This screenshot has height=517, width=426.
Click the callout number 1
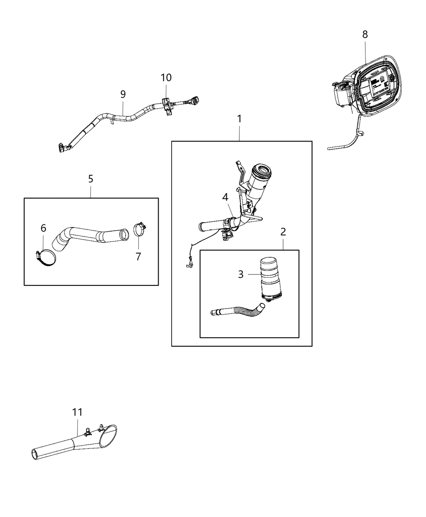click(x=239, y=119)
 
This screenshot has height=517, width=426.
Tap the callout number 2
click(x=283, y=232)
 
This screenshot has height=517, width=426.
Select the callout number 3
click(x=241, y=275)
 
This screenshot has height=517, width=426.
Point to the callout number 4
click(x=225, y=197)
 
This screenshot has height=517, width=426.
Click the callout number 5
click(x=90, y=178)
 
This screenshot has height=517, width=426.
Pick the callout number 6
click(x=43, y=228)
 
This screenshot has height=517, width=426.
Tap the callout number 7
click(x=138, y=256)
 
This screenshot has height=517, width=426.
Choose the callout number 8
click(x=365, y=34)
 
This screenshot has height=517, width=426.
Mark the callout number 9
click(x=123, y=94)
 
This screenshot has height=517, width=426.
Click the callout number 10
click(x=166, y=77)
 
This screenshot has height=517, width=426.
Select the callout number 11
click(x=77, y=412)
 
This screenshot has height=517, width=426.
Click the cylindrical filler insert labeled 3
click(x=268, y=278)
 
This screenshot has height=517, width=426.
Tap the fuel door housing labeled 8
click(x=369, y=87)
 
